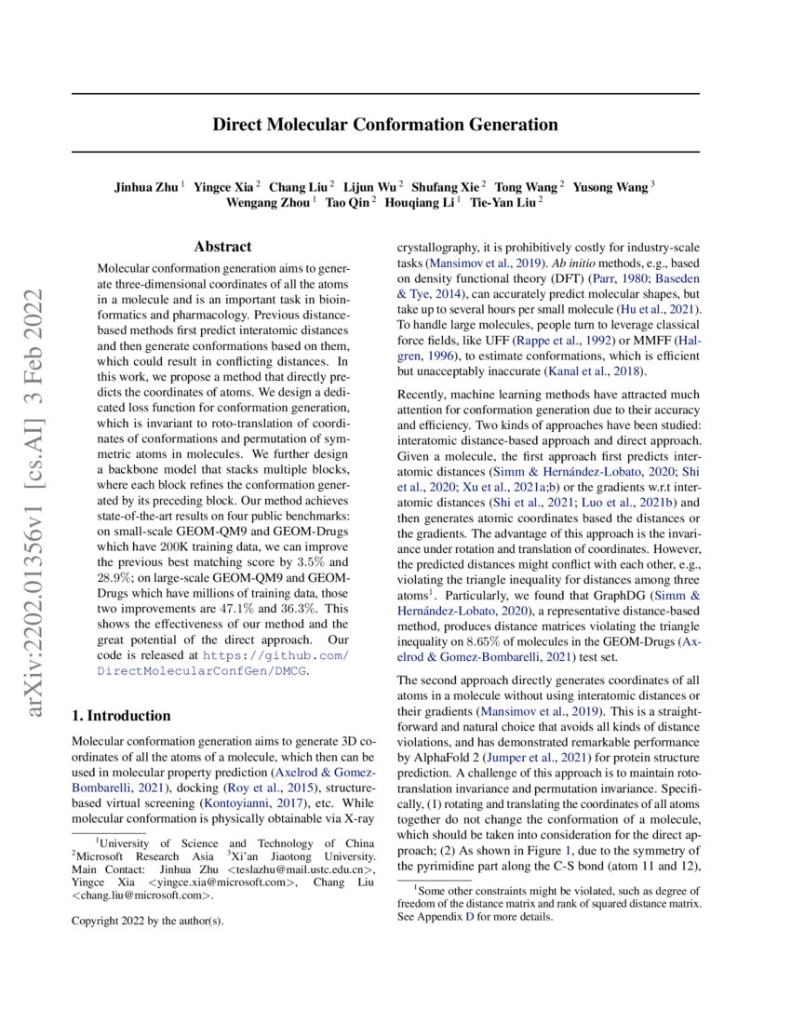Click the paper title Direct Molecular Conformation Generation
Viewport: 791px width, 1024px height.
(385, 124)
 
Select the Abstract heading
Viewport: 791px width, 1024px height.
(222, 247)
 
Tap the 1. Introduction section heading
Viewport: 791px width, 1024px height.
(121, 716)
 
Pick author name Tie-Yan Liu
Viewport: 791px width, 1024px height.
(503, 202)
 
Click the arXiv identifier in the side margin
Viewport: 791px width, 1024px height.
(37, 502)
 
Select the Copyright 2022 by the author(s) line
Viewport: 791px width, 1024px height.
(148, 922)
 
